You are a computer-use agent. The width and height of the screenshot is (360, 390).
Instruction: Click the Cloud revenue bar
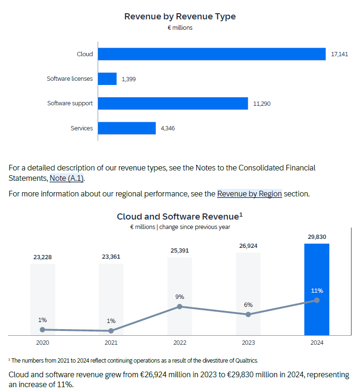point(212,54)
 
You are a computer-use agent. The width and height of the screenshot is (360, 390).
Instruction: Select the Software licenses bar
point(108,79)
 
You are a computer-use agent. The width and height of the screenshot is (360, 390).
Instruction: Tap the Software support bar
point(173,103)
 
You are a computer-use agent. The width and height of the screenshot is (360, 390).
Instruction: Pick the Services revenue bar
point(127,128)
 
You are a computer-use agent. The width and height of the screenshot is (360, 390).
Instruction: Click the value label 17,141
point(339,54)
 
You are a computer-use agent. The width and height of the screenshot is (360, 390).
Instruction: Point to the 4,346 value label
point(167,128)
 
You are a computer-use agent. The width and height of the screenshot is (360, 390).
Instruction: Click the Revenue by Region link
point(249,194)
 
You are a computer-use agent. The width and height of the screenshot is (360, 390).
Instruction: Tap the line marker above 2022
point(180,306)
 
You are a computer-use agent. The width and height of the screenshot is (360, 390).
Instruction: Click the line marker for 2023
point(248,314)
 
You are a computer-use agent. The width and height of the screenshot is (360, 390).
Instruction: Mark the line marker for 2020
point(42,330)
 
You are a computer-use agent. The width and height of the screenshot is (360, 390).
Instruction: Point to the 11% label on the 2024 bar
point(317,290)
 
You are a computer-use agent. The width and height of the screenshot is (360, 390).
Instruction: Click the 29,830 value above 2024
point(317,237)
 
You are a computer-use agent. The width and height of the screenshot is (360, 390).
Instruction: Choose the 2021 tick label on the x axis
point(111,343)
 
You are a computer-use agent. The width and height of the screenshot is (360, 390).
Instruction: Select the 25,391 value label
point(180,251)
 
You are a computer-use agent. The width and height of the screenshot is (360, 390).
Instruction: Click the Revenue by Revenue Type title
point(180,17)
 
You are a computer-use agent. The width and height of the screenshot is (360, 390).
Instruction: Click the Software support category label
point(70,103)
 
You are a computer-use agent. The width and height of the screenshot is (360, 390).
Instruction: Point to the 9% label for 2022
point(180,297)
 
